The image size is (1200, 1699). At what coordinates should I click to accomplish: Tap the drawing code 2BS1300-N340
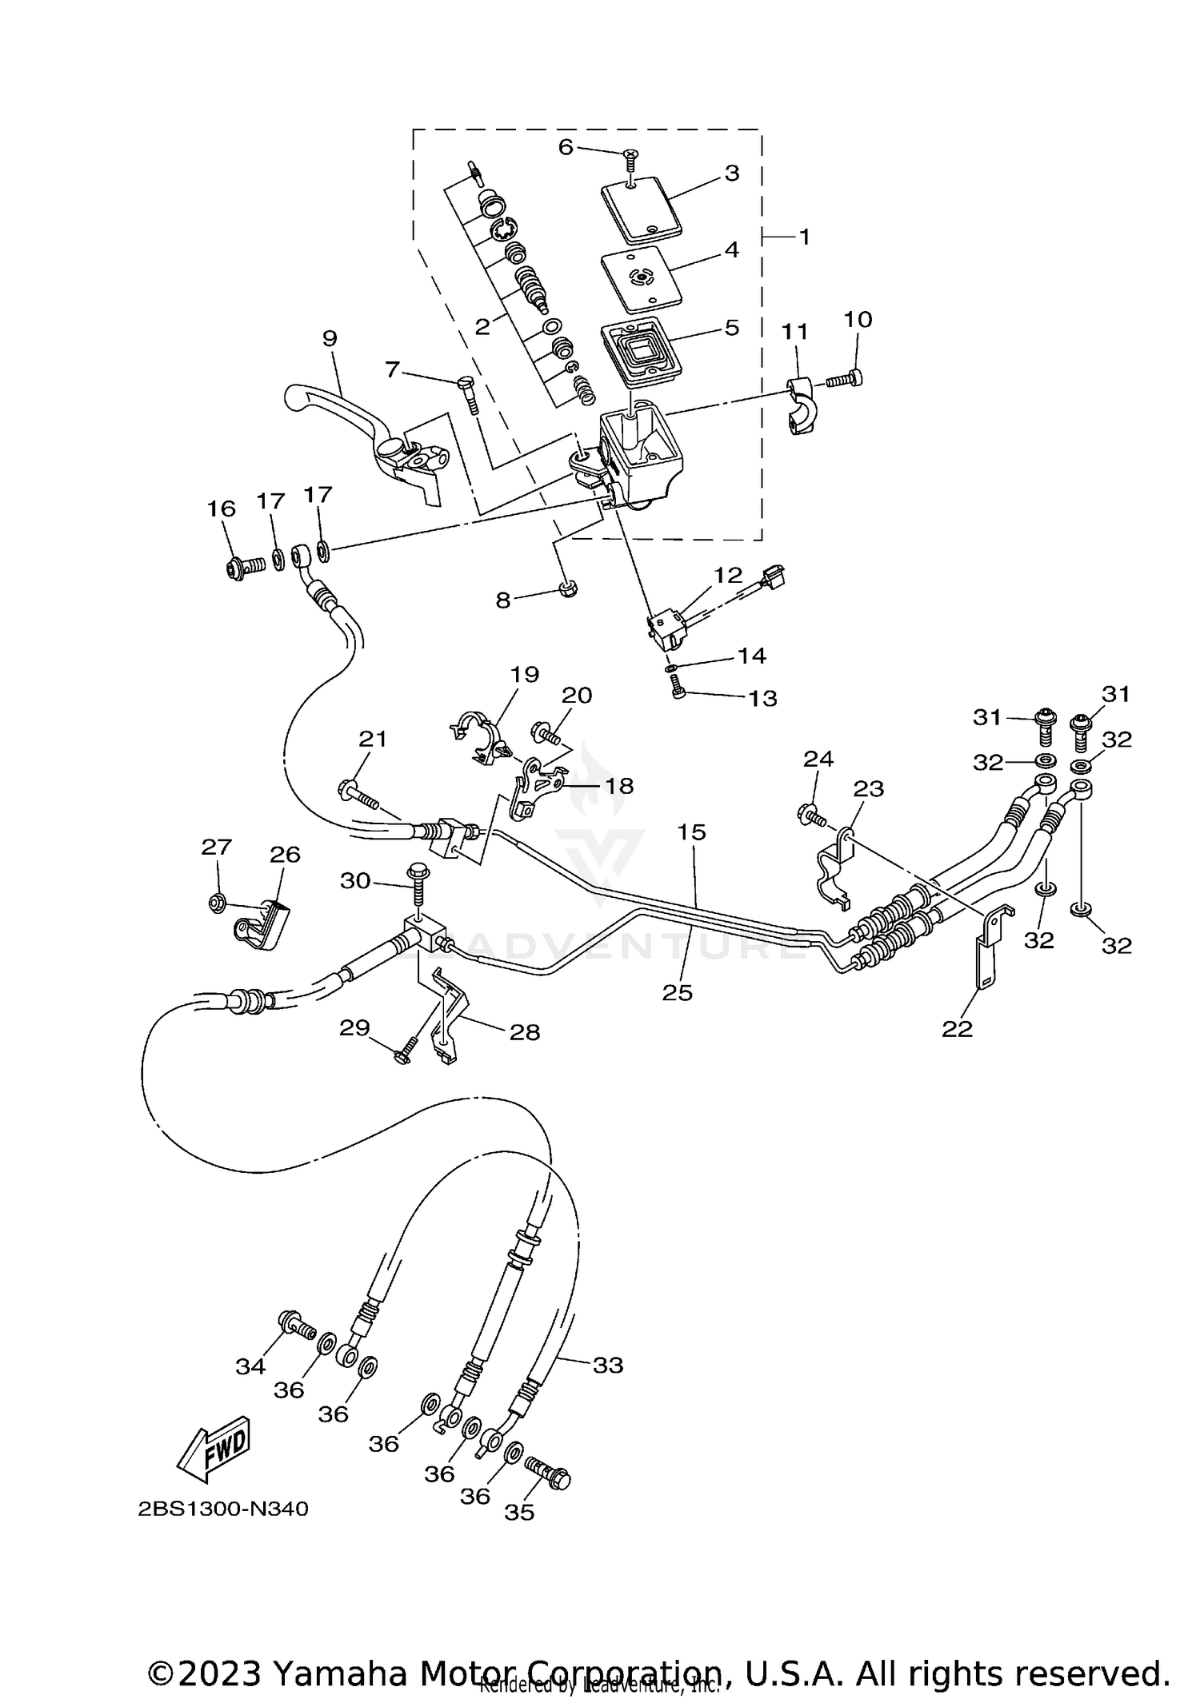point(223,1510)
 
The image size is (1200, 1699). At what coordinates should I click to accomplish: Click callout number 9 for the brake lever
point(330,338)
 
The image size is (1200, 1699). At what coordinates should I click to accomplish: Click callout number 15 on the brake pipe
point(692,832)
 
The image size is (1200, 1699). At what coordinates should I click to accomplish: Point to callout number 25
point(678,992)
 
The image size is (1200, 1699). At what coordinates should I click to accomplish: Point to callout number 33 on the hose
point(607,1366)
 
